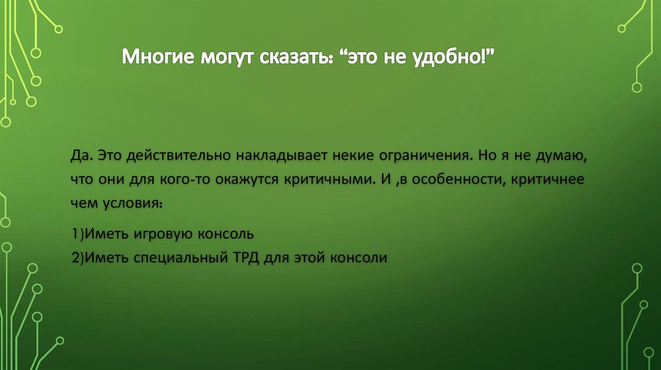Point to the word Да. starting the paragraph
tap(84, 157)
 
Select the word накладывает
tap(276, 157)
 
